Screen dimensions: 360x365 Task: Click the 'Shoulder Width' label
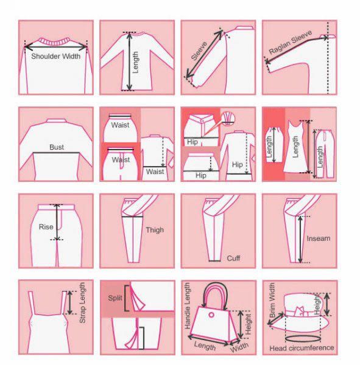[55, 57]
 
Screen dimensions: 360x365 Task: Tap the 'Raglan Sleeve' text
[291, 43]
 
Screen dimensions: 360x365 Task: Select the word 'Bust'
[57, 147]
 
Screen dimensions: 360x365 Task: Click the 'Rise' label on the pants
[46, 227]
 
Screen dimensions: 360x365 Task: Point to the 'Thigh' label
[155, 230]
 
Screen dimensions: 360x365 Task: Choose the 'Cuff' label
[233, 258]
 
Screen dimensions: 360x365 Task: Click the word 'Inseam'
[318, 238]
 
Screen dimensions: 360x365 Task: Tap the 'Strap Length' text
[83, 302]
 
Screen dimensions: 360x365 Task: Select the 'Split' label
[115, 298]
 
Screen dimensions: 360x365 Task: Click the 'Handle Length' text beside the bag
[187, 306]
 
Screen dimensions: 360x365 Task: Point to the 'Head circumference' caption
[302, 348]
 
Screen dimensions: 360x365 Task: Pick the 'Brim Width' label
[272, 300]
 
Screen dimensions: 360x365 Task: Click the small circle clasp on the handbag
[211, 315]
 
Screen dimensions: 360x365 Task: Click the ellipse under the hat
[302, 339]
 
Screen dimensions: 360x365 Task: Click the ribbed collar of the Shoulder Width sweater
[55, 41]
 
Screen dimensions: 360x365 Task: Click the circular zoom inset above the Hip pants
[228, 119]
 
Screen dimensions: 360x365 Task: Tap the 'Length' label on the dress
[295, 147]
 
